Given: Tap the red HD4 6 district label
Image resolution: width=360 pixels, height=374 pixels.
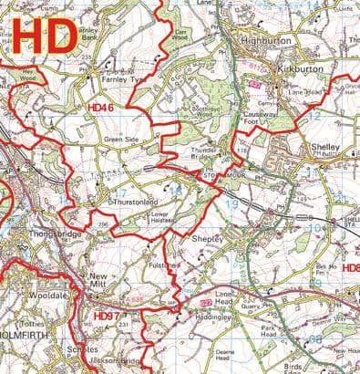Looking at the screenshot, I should (x=100, y=109).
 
